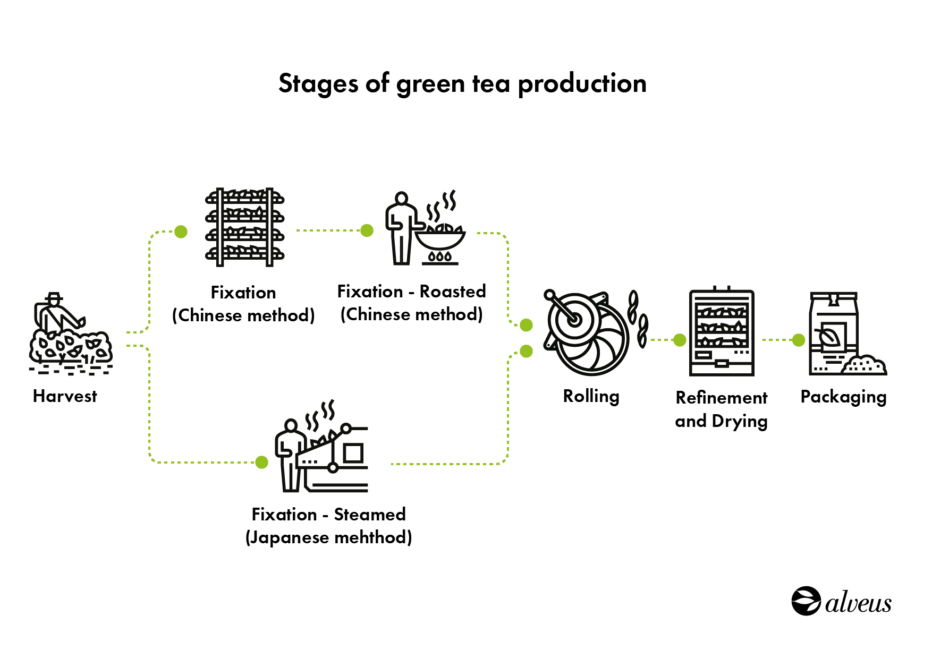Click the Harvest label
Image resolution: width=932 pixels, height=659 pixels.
click(65, 396)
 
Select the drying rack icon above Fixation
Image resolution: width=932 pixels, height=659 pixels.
click(245, 227)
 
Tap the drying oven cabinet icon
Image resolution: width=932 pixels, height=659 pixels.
click(722, 332)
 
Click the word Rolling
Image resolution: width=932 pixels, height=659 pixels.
click(591, 397)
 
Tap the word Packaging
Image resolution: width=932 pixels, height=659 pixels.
click(843, 397)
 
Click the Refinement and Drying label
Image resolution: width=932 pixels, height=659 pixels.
click(721, 409)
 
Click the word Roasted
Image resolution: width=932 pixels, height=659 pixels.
click(453, 292)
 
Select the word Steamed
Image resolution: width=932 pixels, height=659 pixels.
click(370, 515)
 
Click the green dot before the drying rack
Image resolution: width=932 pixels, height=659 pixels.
click(181, 232)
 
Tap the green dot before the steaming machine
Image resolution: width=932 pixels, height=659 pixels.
click(261, 462)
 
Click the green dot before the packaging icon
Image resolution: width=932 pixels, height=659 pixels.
click(798, 340)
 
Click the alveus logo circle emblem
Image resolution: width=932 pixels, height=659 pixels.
click(806, 601)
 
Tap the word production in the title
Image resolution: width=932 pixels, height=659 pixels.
click(582, 84)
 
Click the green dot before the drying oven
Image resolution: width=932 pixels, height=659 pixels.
click(680, 340)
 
